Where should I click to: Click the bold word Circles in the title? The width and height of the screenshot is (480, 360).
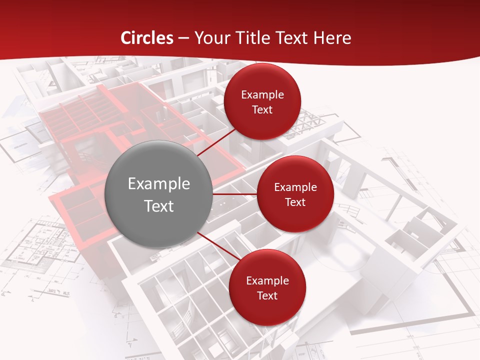point(147,38)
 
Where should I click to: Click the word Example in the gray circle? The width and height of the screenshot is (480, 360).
point(159,184)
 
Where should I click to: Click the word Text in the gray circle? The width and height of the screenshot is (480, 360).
point(159,206)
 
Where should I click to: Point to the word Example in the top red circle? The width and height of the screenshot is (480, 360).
point(262,95)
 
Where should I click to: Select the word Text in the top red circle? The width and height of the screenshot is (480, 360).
point(262,110)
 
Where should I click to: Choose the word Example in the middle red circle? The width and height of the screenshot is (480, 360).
point(295,187)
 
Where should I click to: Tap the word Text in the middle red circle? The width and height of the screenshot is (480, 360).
point(295,202)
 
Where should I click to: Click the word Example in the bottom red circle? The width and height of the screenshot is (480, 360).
point(267,281)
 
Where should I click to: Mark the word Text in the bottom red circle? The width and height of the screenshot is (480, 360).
point(267,296)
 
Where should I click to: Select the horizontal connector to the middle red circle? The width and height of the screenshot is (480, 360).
point(235,194)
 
